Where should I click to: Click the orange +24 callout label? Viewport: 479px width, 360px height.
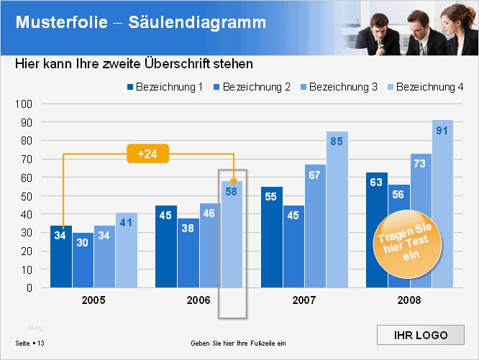point(147,153)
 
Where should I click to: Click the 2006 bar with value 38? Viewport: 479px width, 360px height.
point(188,252)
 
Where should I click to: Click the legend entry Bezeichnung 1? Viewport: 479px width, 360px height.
point(165,87)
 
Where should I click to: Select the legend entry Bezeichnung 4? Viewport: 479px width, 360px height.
point(425,87)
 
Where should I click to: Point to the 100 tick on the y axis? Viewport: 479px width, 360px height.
point(24,103)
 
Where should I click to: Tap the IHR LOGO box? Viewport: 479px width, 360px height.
point(421,336)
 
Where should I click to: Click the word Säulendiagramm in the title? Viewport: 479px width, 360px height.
point(197,22)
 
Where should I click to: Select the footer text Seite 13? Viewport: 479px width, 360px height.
point(30,343)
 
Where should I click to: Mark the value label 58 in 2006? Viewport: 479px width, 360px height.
point(232,191)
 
